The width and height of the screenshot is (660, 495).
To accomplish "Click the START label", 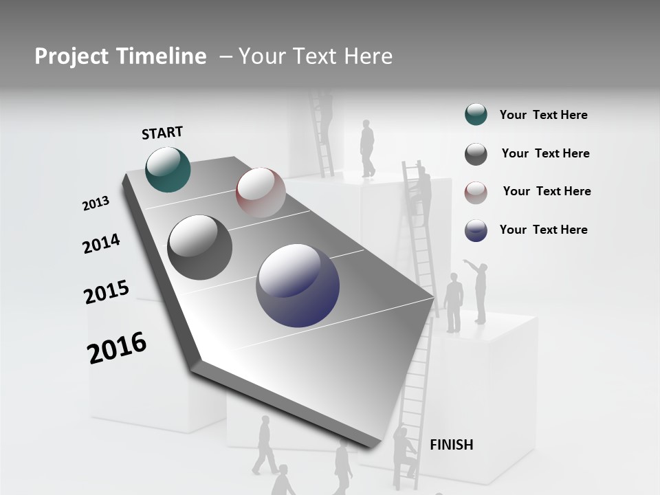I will click(162, 133).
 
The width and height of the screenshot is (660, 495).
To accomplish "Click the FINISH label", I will click(451, 445).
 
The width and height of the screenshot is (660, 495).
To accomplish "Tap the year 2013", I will click(96, 203).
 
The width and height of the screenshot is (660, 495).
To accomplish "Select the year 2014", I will click(101, 243).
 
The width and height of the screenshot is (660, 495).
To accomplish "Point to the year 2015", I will click(107, 292).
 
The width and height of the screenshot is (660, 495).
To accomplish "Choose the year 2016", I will click(117, 348).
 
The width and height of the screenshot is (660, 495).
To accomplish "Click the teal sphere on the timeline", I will click(168, 169).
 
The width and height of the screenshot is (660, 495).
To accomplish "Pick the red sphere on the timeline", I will click(261, 192).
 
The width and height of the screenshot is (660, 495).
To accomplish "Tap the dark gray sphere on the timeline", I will click(200, 247).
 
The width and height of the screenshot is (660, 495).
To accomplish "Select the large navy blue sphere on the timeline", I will click(298, 285).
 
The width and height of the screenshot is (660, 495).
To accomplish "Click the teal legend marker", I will click(476, 115).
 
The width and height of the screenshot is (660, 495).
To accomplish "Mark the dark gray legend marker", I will click(476, 154).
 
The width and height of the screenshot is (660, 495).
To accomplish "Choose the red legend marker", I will click(476, 192).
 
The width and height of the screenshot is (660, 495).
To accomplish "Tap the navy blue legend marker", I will click(476, 230).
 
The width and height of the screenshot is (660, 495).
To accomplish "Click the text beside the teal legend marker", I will click(543, 115).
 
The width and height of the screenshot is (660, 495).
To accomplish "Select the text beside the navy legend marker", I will click(543, 230).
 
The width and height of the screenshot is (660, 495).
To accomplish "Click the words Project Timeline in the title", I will click(120, 56).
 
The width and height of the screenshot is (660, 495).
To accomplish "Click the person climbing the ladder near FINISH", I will click(404, 450).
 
